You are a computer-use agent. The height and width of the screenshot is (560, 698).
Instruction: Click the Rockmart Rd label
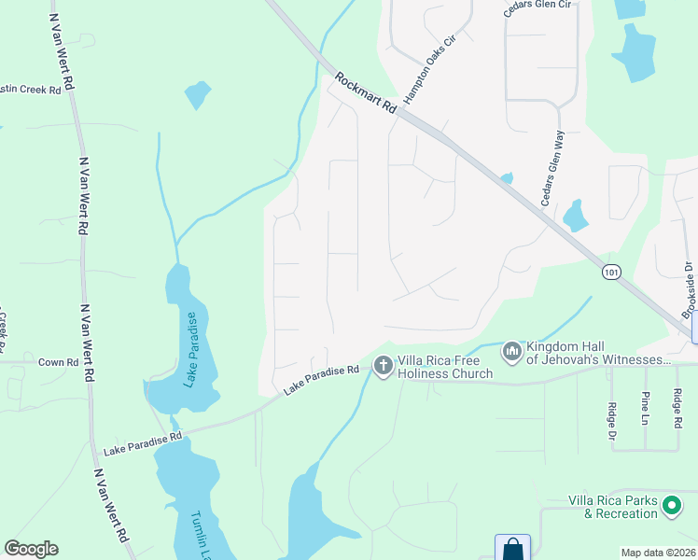tap(366, 94)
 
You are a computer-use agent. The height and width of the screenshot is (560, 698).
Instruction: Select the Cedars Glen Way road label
tap(552, 168)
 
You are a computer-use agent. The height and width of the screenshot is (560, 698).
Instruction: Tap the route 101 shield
tap(610, 272)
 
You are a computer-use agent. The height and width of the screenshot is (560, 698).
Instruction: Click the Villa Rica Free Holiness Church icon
tap(383, 366)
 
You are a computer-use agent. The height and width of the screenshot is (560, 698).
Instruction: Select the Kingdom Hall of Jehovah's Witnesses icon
tap(511, 352)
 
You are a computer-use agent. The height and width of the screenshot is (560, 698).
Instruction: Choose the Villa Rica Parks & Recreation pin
tap(672, 507)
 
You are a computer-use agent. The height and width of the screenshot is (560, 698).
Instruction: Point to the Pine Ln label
tap(645, 408)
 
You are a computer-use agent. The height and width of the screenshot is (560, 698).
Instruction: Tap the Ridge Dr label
tap(612, 414)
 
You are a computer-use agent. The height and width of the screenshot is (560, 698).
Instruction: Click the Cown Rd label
tap(57, 361)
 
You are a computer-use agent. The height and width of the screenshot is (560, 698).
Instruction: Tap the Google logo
tap(31, 549)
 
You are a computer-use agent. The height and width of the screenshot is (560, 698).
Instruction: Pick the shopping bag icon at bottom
tap(512, 549)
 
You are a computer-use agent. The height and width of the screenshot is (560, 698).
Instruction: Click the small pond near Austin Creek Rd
tap(197, 94)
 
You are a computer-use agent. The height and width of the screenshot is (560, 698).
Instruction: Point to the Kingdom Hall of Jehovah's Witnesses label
tap(597, 353)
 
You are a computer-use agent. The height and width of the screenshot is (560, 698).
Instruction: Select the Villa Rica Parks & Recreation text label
tap(613, 507)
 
